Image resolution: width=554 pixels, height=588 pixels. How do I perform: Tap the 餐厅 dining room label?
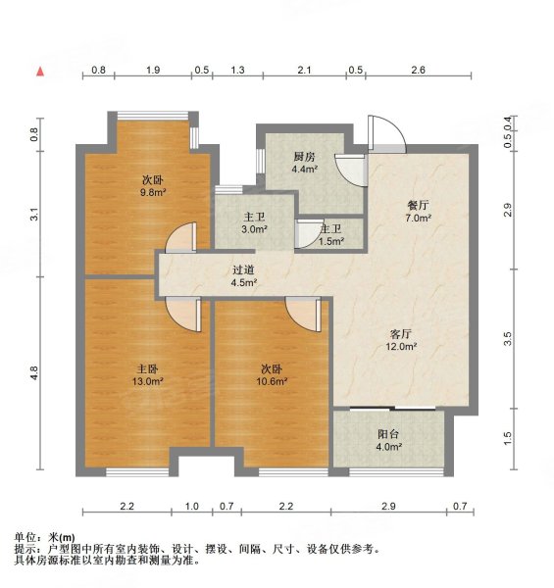click(x=420, y=206)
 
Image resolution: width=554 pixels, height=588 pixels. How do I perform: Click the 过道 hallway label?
click(x=243, y=269)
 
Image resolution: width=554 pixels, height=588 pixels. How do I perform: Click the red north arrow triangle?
click(x=40, y=72)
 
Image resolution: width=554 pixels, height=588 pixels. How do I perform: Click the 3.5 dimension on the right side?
click(x=507, y=338)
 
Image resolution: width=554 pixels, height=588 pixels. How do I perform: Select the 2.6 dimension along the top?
click(x=418, y=71)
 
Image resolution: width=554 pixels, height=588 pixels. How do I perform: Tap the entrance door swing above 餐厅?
click(x=382, y=131)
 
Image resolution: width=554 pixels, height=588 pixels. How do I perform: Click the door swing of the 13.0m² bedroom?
click(x=185, y=313)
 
